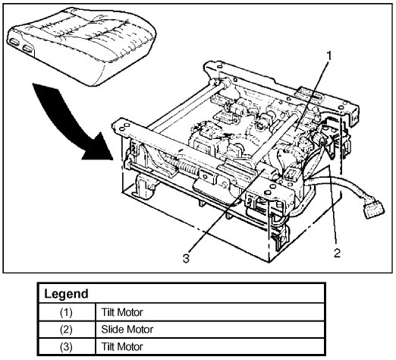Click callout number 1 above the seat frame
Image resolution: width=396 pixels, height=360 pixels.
coord(328,56)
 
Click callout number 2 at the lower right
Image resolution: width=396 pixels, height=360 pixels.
coord(337,253)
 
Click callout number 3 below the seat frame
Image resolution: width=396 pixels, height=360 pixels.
coord(186,258)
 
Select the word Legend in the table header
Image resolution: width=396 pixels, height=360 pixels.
coord(66,294)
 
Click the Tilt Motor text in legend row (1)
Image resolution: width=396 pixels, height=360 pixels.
coord(122,312)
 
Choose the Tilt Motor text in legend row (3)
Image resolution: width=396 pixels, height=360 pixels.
coord(122,346)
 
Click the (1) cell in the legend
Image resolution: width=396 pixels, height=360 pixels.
coord(66,312)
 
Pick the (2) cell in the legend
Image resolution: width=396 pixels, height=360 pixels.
coord(66,330)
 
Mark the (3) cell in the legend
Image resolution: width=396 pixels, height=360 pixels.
coord(66,347)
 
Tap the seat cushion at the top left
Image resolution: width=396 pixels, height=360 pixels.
coord(82,46)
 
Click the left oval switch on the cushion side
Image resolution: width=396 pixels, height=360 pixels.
coord(14,42)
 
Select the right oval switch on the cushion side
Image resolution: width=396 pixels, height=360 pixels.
coord(27,49)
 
